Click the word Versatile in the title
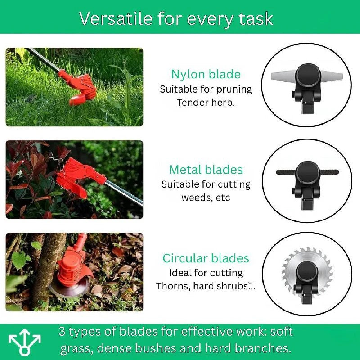pos(109,18)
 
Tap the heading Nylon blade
pos(206,74)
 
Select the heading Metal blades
pos(206,170)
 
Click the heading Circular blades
pos(206,258)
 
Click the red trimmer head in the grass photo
pos(81,88)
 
